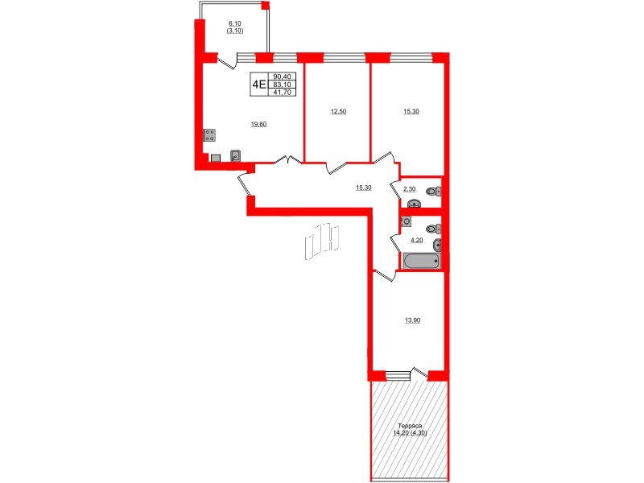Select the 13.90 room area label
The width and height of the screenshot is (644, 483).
pos(411,320)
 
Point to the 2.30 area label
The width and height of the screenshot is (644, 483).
pos(409,188)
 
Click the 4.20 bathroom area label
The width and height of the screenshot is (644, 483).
pos(417,239)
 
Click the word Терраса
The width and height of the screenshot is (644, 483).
pos(411,425)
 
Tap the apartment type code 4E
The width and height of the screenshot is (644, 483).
pos(259,83)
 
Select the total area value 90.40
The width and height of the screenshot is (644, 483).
pos(283,76)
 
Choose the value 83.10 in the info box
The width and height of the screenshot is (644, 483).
pos(283,85)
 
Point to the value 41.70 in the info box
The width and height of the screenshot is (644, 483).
pos(283,93)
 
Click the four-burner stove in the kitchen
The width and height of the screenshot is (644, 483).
pos(210,135)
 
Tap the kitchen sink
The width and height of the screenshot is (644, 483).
pos(235,156)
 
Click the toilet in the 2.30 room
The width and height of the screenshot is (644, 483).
pos(432,191)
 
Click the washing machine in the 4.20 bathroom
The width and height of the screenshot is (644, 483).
pos(407,221)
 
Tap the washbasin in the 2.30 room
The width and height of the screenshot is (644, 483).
pos(414,204)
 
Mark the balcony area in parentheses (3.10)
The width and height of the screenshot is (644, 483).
pos(235,31)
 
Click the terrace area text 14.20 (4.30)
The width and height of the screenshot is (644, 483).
pos(411,432)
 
